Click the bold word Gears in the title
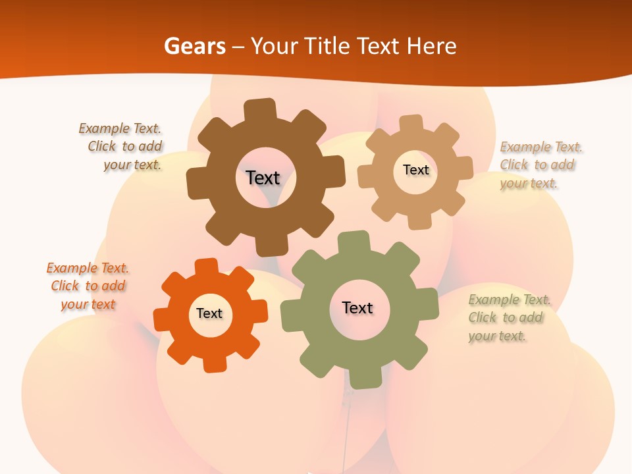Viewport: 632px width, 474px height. (195, 46)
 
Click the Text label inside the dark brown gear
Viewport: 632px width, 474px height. (263, 178)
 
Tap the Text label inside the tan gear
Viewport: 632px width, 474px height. (415, 170)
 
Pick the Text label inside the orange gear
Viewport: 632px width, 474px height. (209, 313)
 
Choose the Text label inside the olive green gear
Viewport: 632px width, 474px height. (357, 307)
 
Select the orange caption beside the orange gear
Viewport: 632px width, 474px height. (88, 286)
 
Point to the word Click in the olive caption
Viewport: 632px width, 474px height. (483, 317)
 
